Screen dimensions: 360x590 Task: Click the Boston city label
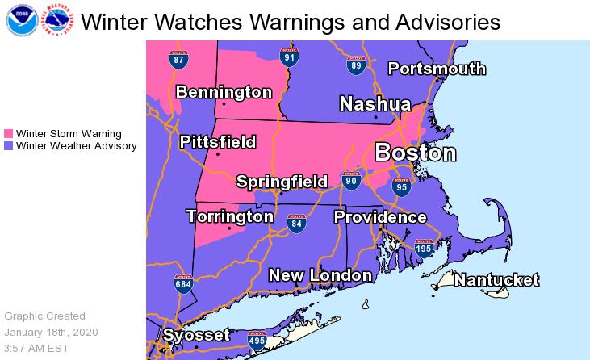(x=416, y=153)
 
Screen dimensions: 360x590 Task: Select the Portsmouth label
(x=437, y=69)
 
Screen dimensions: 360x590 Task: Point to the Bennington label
(x=224, y=92)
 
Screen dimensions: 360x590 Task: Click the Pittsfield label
(x=217, y=143)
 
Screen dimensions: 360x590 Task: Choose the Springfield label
(x=282, y=182)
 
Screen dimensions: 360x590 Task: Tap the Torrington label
(x=230, y=216)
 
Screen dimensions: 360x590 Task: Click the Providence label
(x=380, y=217)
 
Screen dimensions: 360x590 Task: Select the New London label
(x=320, y=275)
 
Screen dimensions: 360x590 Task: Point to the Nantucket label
(x=496, y=280)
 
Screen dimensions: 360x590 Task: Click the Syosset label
(x=196, y=335)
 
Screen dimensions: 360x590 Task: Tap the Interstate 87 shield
(x=179, y=59)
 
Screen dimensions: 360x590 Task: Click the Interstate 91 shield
(x=290, y=57)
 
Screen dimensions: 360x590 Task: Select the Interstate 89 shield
(x=356, y=65)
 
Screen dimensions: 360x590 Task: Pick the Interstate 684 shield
(x=184, y=284)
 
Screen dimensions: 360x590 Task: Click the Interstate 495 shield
(x=257, y=339)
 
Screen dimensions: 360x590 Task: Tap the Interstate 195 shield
(x=424, y=249)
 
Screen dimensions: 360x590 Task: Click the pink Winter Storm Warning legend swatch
(x=9, y=134)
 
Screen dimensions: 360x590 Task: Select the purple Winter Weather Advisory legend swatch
(x=9, y=146)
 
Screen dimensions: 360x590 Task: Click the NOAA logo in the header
(x=20, y=21)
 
